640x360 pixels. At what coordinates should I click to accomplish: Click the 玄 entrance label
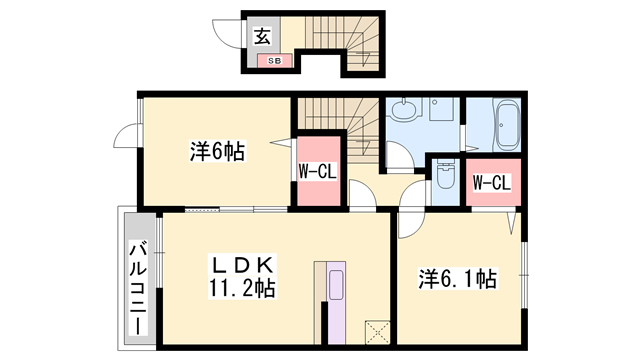pyautogui.click(x=262, y=37)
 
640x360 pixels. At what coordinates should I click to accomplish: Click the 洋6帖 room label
pyautogui.click(x=217, y=152)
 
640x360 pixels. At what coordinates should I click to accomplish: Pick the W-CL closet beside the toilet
pyautogui.click(x=491, y=182)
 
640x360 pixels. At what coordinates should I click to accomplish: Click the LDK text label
pyautogui.click(x=241, y=266)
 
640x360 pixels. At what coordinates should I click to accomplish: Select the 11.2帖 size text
pyautogui.click(x=243, y=289)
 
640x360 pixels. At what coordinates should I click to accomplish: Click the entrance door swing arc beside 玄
pyautogui.click(x=231, y=34)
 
